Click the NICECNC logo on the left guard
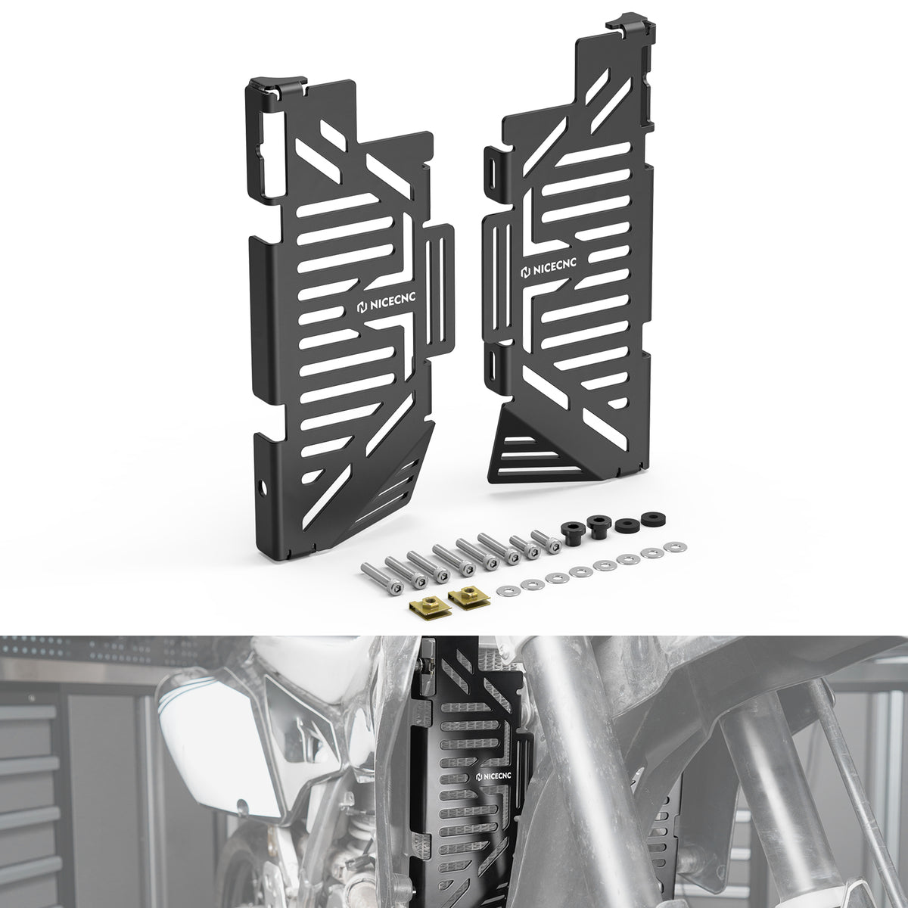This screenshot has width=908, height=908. [x=385, y=304]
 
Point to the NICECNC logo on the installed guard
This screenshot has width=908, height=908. [x=493, y=776]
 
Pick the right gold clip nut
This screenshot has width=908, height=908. [x=468, y=598]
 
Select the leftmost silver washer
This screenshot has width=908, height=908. [x=508, y=589]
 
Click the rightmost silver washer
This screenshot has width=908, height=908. [x=674, y=546]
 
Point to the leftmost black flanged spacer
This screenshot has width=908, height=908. [x=573, y=534]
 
